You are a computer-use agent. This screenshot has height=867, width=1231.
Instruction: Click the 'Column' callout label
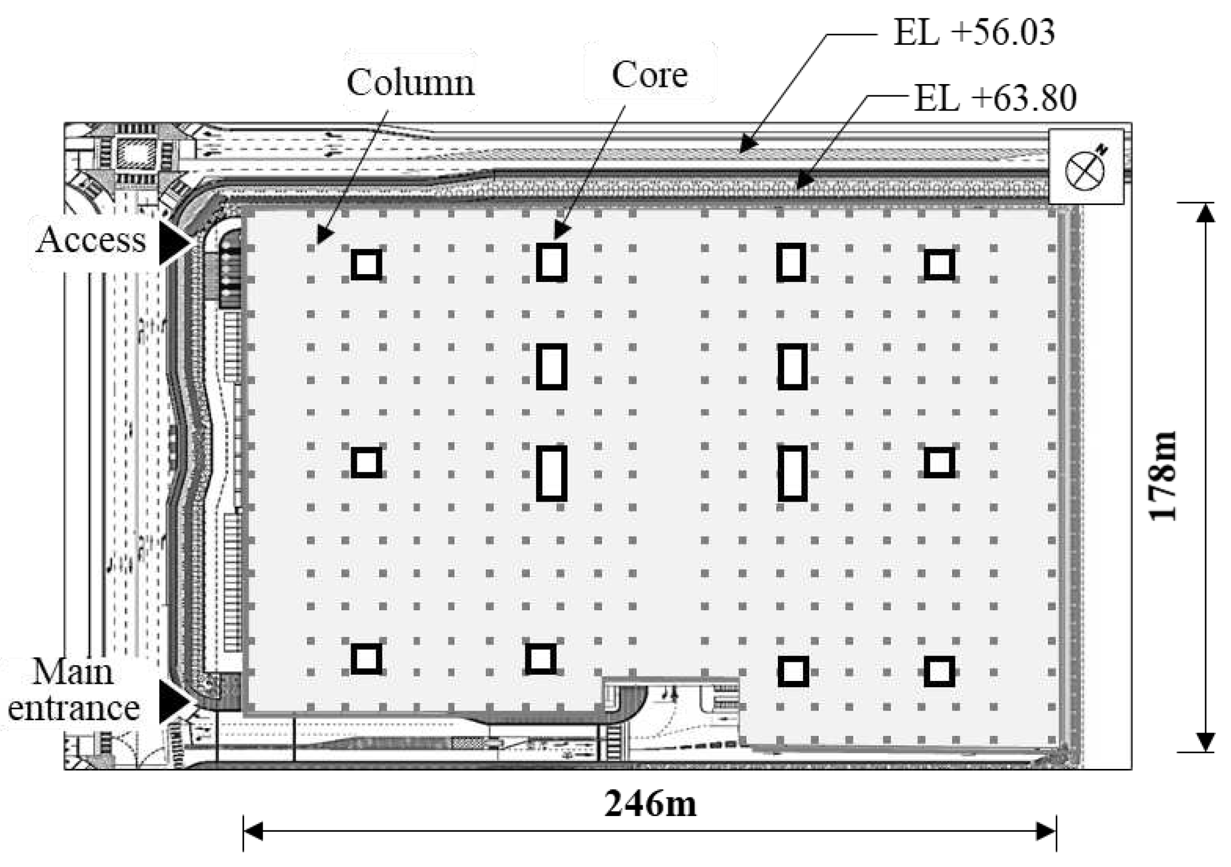click(x=411, y=83)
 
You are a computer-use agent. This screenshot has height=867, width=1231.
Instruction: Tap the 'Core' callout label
click(x=650, y=75)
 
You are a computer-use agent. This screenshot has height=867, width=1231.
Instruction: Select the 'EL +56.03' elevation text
click(x=974, y=32)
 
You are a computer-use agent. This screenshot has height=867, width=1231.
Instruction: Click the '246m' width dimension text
click(x=650, y=804)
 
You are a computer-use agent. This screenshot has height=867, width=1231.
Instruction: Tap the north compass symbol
click(x=1086, y=168)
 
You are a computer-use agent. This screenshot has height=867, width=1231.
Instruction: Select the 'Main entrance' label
click(x=73, y=690)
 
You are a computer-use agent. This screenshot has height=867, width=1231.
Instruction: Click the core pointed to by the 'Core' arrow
click(x=552, y=262)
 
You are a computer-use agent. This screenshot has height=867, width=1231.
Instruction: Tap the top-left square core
click(x=366, y=265)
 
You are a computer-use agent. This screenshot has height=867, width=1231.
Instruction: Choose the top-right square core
click(x=939, y=265)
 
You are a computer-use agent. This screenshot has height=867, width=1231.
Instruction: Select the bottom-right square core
click(x=939, y=671)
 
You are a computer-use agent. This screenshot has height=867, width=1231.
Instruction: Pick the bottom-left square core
click(x=366, y=658)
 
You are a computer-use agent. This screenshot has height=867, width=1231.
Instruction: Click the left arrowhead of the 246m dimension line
click(x=254, y=832)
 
